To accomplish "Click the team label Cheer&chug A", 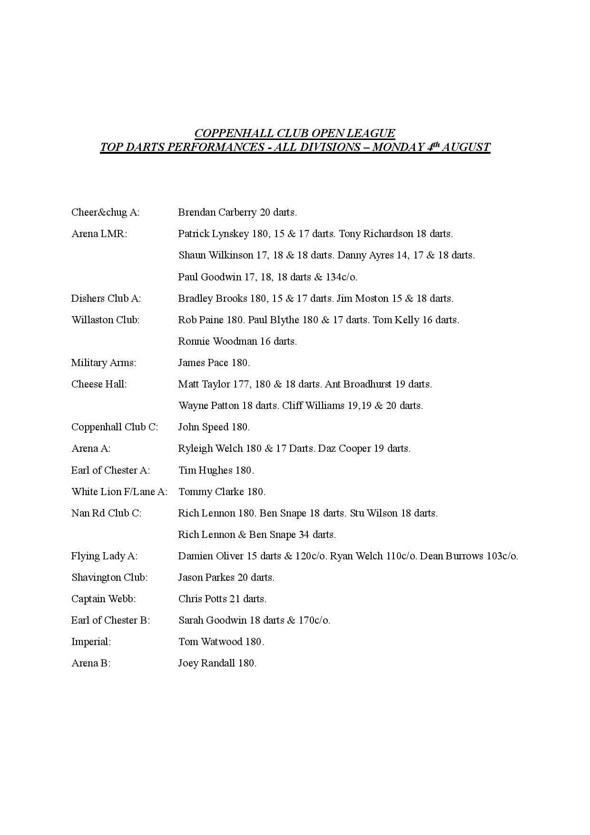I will click(x=105, y=212).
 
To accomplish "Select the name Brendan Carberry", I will click(x=217, y=212).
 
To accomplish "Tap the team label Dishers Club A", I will click(x=106, y=298).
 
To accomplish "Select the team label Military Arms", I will click(x=103, y=363).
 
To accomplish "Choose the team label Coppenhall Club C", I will click(x=114, y=427).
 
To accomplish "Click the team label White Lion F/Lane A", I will click(x=119, y=492).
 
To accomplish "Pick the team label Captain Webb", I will click(x=103, y=599).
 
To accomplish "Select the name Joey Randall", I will click(x=206, y=663).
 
